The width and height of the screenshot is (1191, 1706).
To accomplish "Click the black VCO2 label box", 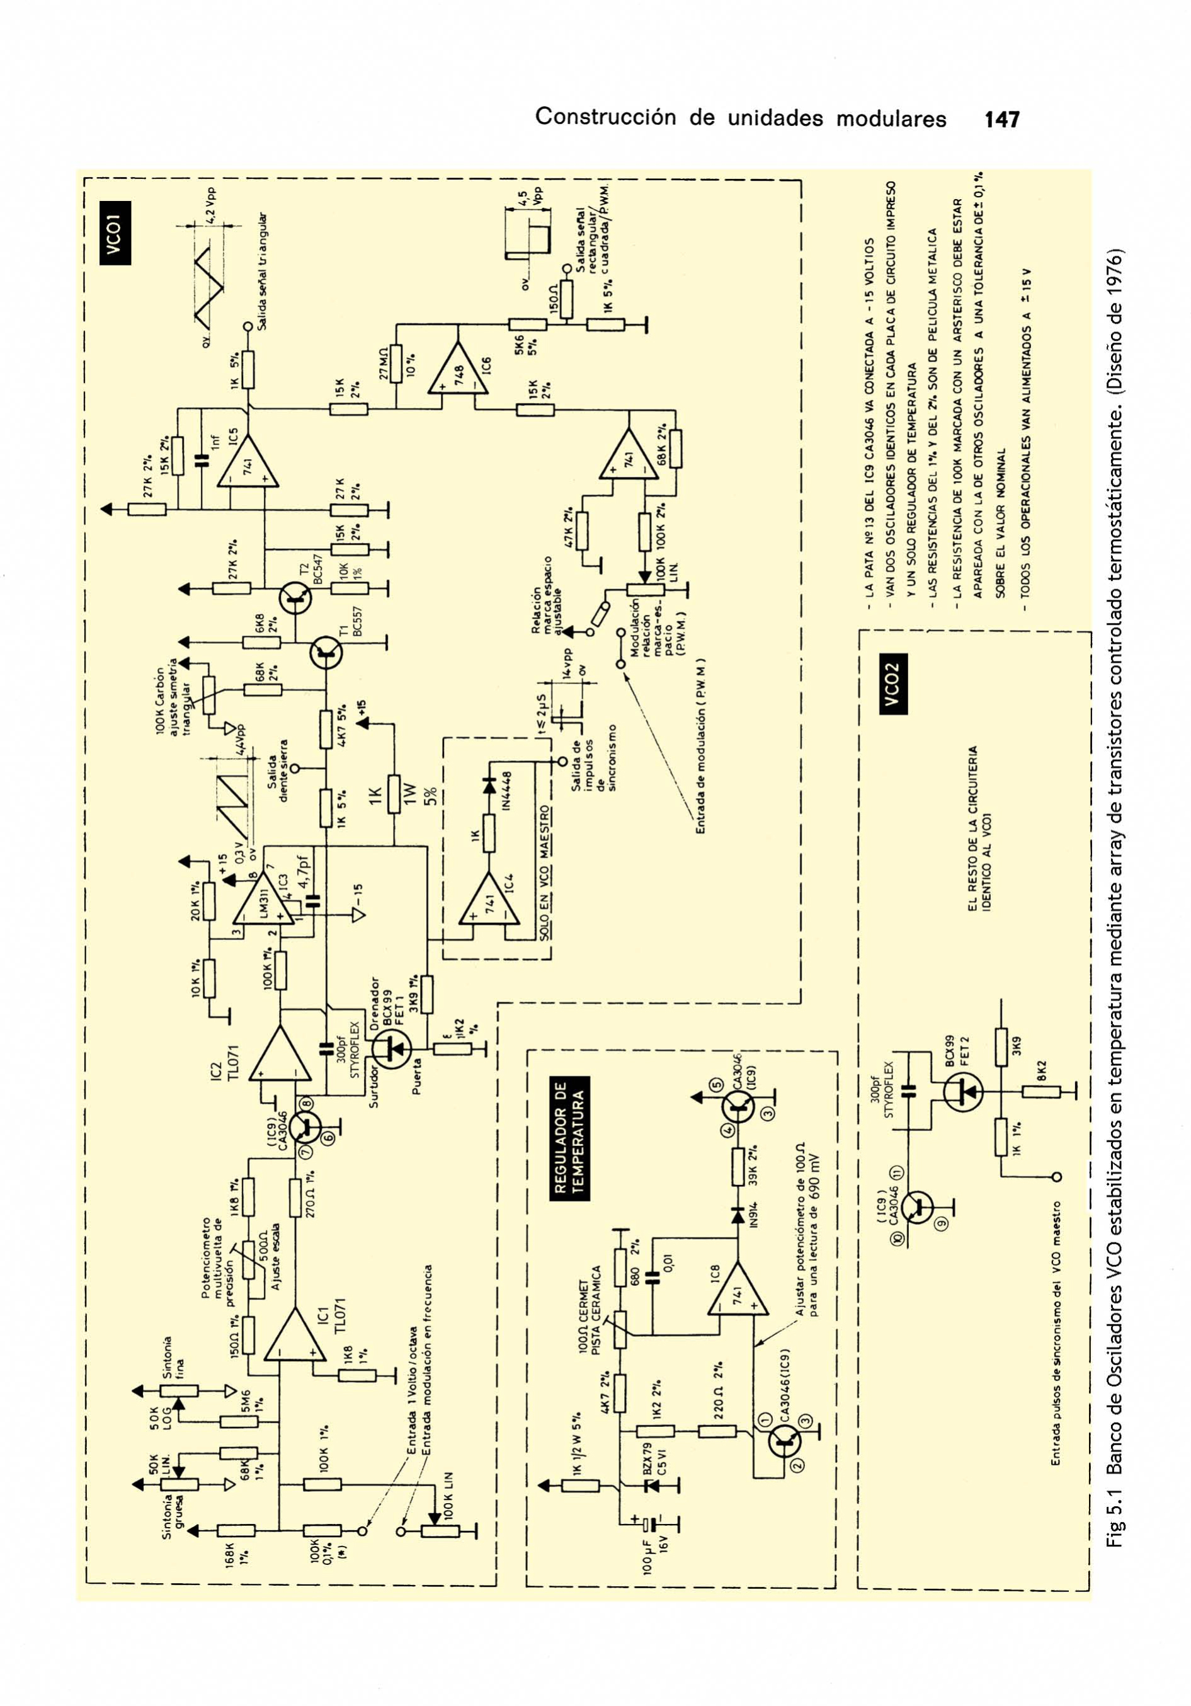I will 892,684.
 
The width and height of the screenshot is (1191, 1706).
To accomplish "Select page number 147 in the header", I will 1001,119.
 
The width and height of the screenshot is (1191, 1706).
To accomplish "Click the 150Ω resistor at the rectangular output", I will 567,299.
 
